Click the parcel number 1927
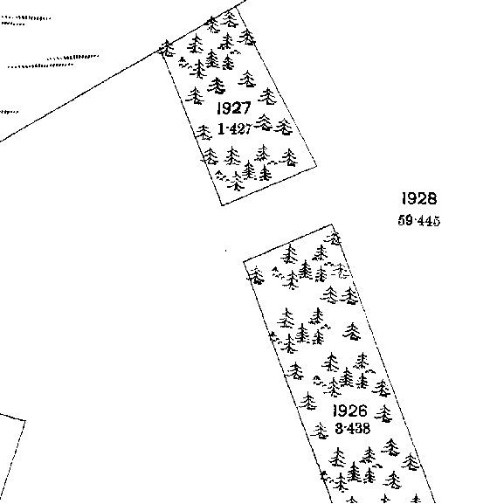(234, 108)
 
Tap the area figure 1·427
(234, 129)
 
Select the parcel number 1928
(419, 198)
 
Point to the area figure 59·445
(418, 221)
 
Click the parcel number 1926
(349, 411)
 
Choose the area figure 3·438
(352, 429)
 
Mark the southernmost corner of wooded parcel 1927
(222, 204)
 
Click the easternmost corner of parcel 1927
(316, 166)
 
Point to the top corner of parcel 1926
(332, 224)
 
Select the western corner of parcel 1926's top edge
(244, 261)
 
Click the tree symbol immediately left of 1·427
(204, 132)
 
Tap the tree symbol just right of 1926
(383, 413)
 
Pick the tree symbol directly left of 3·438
(320, 431)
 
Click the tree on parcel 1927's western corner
(167, 48)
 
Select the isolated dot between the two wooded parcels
(225, 251)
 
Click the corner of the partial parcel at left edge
(25, 420)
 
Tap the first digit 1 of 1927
(219, 108)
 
